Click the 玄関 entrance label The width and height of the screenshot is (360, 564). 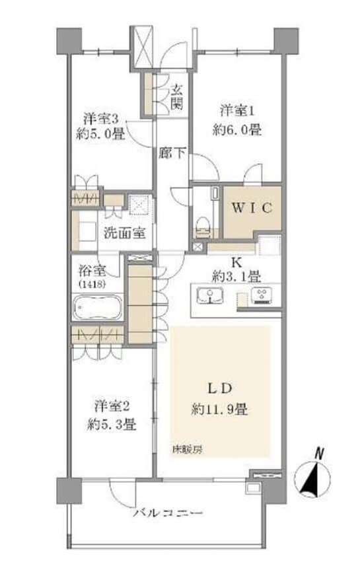pos(176,96)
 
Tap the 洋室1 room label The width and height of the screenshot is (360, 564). pos(238,111)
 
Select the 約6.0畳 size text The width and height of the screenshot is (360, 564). pos(237,129)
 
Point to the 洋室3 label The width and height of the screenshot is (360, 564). pos(101,118)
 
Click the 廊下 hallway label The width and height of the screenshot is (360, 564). pos(172,153)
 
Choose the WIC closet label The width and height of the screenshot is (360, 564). pos(252,208)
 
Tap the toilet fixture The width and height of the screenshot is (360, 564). pos(203,227)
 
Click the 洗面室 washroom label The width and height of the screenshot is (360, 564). pos(125,232)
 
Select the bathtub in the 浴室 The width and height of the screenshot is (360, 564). pos(97,307)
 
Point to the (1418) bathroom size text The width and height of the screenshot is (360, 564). pos(92,284)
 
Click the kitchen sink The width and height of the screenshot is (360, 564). pos(209,295)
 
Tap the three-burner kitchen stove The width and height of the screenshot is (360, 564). pos(262,295)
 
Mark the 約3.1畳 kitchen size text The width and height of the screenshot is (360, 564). pos(236,277)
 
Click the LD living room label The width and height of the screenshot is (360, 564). pos(219,388)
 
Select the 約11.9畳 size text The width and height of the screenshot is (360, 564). pos(219,409)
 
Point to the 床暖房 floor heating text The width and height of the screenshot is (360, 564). pos(187,449)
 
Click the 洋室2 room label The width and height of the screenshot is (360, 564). pos(112,406)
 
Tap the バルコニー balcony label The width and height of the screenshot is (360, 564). pos(168,512)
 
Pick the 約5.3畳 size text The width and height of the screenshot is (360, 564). pos(112,425)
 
